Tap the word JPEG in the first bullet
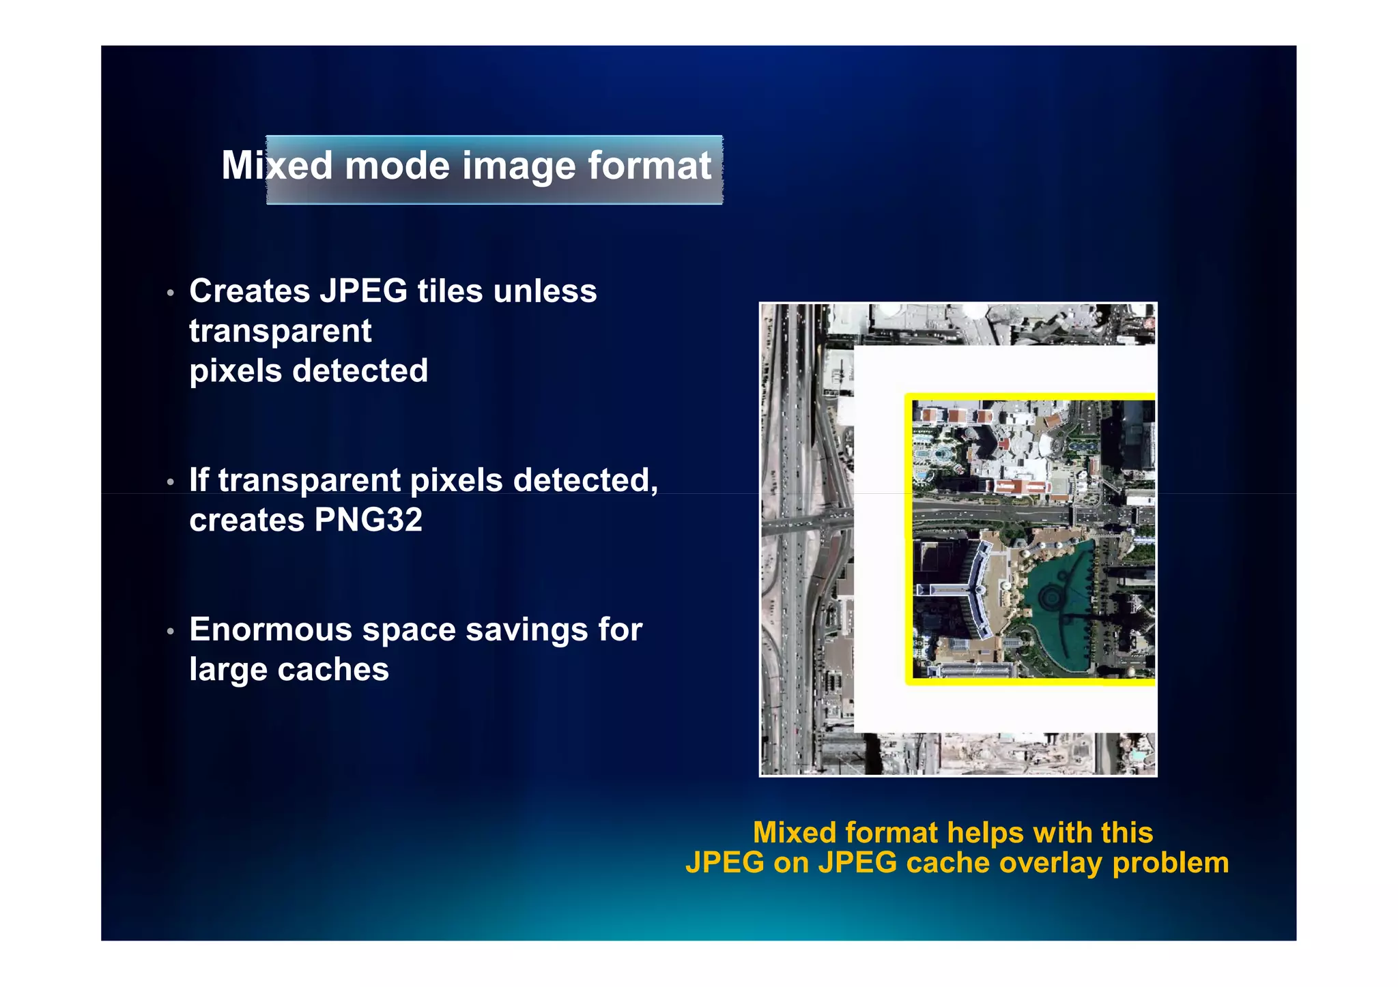pos(364,291)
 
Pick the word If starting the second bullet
pos(199,480)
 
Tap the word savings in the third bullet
pos(526,630)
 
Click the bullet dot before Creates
pos(171,293)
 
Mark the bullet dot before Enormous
pos(171,632)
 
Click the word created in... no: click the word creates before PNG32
pos(247,520)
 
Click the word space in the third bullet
pos(409,630)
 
